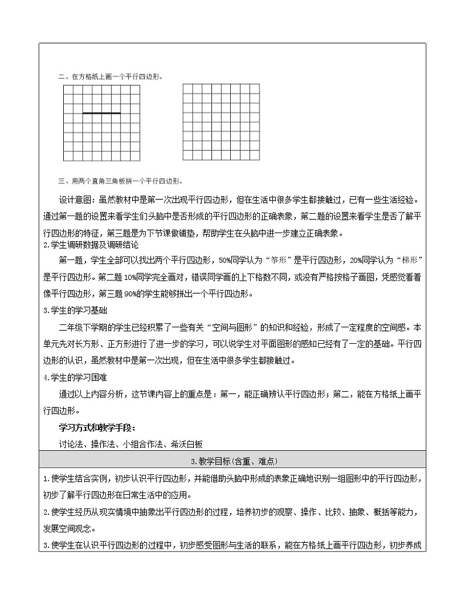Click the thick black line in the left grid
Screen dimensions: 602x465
[102, 113]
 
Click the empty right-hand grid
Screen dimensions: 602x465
[221, 122]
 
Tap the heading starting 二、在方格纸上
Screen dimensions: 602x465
[111, 76]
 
